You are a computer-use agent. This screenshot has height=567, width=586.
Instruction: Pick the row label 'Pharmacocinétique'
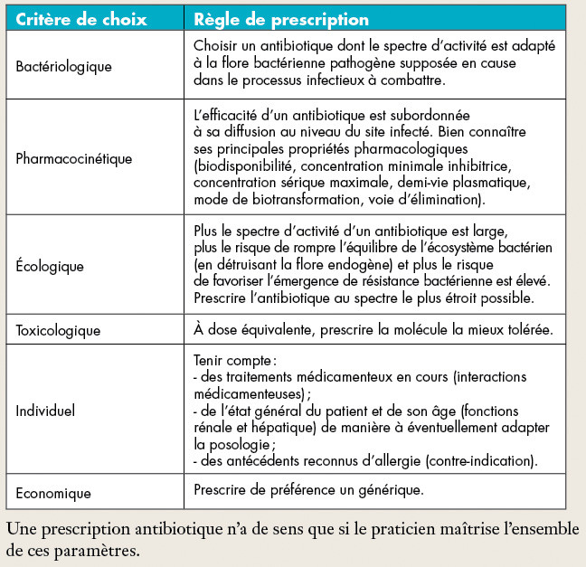pyautogui.click(x=74, y=158)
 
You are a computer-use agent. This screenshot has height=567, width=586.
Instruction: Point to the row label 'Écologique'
pyautogui.click(x=50, y=266)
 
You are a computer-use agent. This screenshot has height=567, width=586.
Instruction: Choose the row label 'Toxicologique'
pyautogui.click(x=59, y=331)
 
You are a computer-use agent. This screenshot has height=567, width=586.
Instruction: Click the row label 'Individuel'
pyautogui.click(x=45, y=410)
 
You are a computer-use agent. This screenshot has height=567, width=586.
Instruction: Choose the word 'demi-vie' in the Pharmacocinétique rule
pyautogui.click(x=414, y=183)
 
